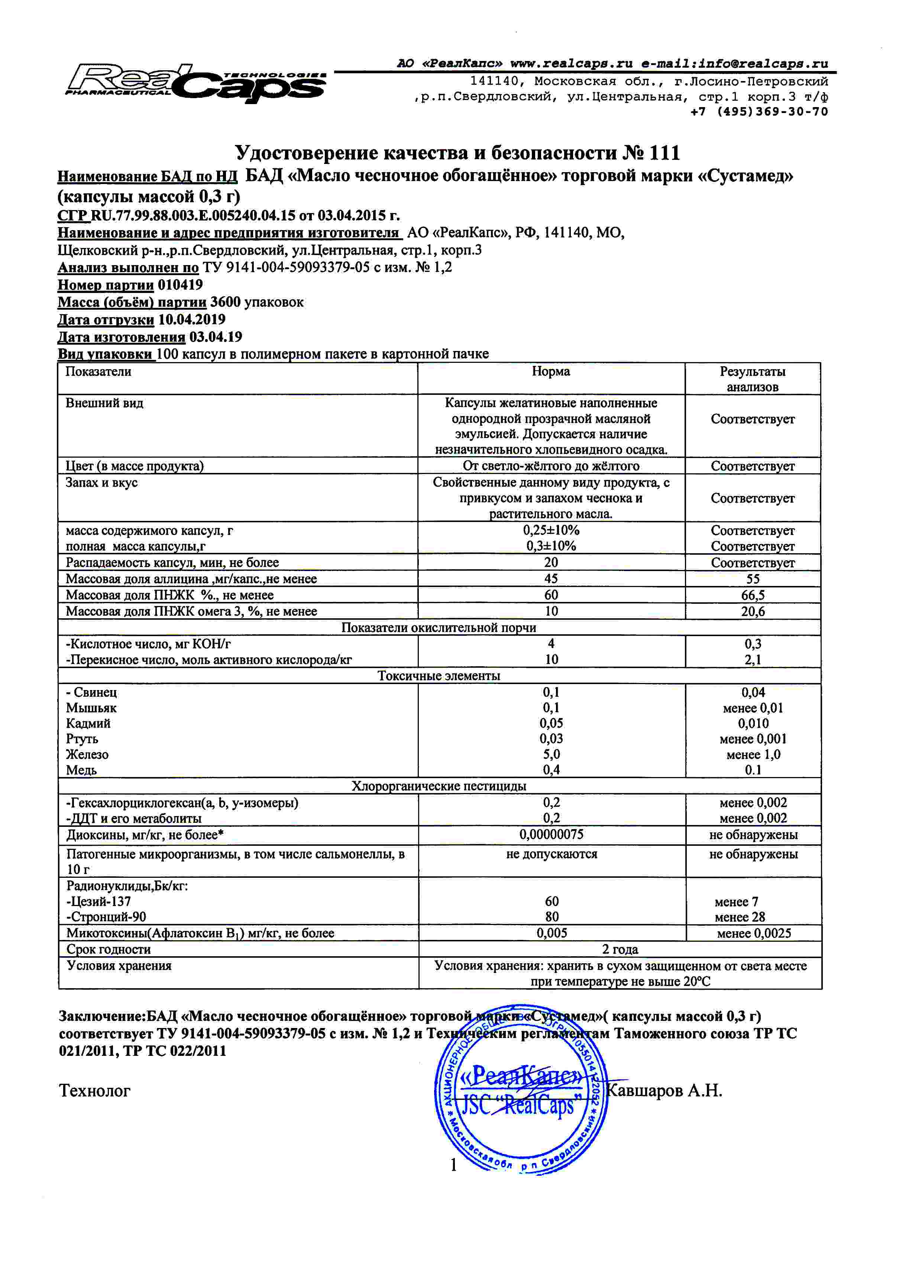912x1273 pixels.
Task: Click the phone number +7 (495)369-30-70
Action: (x=759, y=112)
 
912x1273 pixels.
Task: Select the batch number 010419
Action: (x=180, y=284)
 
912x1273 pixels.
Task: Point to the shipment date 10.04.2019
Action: (x=192, y=319)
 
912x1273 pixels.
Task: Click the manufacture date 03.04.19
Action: (x=216, y=337)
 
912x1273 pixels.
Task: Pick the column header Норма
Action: (x=550, y=371)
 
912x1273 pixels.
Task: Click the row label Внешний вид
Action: (x=104, y=403)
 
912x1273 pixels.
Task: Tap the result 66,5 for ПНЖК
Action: (x=753, y=595)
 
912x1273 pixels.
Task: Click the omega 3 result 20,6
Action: (x=753, y=611)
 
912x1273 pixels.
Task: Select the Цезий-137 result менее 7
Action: (x=736, y=902)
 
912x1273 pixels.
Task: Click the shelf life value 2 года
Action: (x=620, y=950)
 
